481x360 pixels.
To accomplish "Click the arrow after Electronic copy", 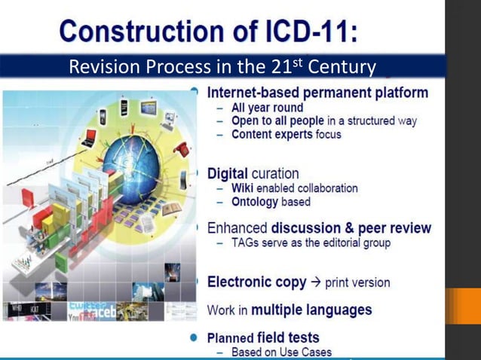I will tap(317, 282).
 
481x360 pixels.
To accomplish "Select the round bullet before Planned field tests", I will tap(195, 337).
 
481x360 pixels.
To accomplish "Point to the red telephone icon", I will tap(182, 148).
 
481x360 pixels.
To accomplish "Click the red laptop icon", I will tap(89, 138).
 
